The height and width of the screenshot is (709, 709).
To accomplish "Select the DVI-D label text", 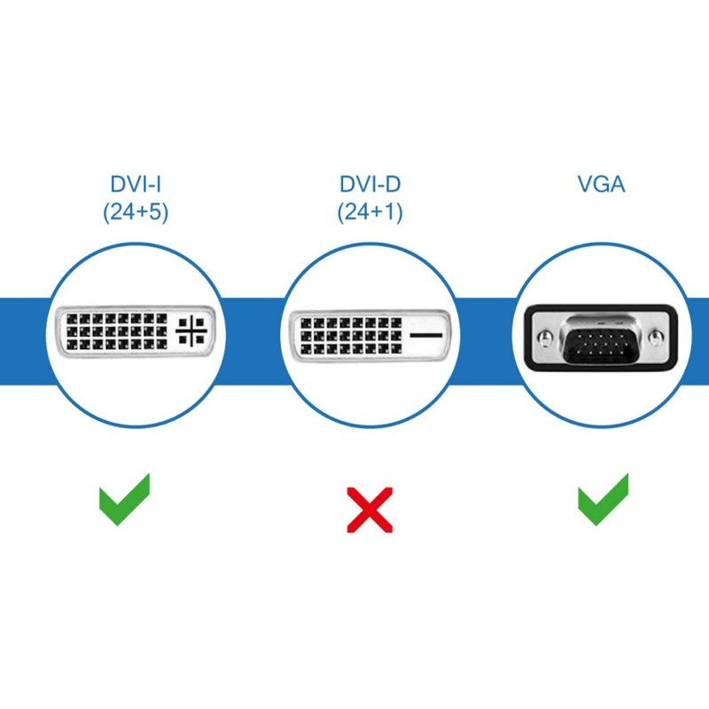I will coord(369,184).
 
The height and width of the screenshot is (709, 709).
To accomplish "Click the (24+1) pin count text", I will coord(369,214).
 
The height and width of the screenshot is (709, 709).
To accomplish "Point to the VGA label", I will coord(601,184).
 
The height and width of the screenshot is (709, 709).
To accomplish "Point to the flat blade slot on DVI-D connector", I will coord(427,336).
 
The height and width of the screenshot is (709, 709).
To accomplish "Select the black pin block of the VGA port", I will coord(602,338).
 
